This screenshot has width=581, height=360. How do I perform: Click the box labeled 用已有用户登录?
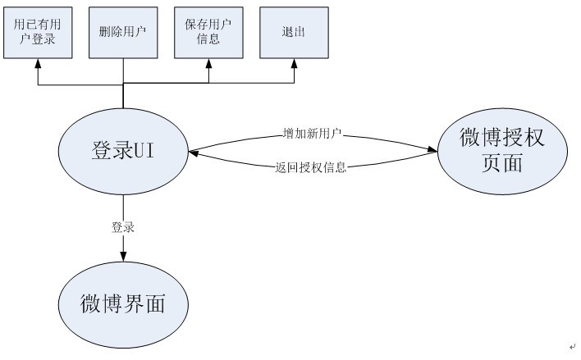tap(35, 32)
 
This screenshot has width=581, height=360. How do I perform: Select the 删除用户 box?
tap(122, 32)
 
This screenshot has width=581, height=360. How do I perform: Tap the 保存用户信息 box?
tap(208, 32)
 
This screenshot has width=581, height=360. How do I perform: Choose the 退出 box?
tap(295, 32)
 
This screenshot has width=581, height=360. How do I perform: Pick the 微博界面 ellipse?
tap(123, 304)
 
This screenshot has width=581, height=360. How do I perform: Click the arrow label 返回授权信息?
tap(312, 167)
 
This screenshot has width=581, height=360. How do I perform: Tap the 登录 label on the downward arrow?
tap(123, 227)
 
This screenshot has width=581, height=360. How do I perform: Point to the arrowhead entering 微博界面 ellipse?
tap(123, 257)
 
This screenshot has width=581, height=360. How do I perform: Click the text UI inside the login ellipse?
tap(147, 151)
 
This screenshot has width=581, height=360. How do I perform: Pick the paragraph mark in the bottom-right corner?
tap(572, 348)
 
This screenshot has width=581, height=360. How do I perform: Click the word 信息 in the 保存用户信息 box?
tap(208, 39)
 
